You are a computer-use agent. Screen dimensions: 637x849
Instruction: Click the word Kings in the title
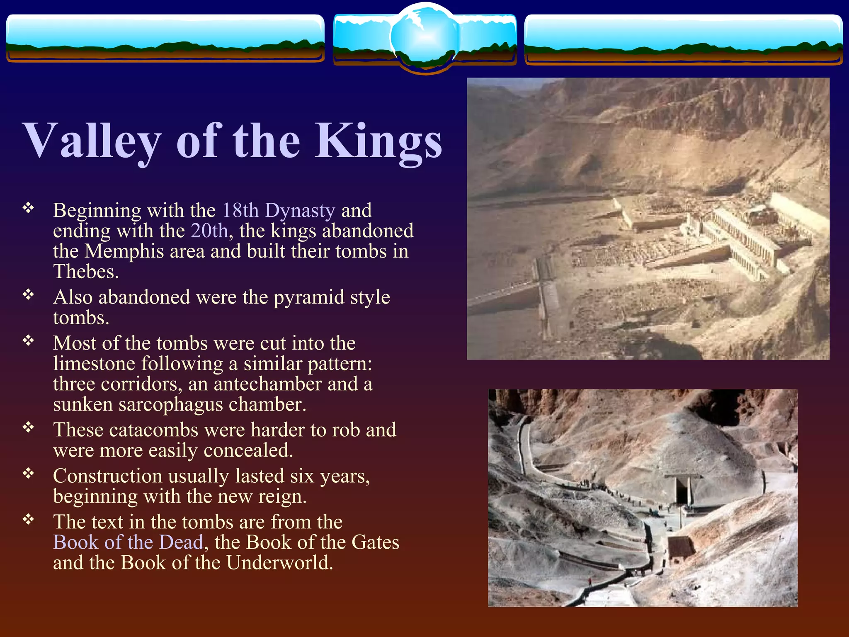point(378,141)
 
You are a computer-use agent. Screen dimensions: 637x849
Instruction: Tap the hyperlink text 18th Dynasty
point(279,210)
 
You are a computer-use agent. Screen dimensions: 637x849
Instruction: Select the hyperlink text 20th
point(209,231)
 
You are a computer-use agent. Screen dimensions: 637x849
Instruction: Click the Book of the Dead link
point(128,542)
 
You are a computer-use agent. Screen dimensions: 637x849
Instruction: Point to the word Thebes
point(86,272)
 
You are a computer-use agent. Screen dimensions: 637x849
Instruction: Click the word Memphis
point(124,251)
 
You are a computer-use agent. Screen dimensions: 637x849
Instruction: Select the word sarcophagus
point(170,404)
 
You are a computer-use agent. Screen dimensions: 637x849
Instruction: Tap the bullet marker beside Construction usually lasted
point(28,473)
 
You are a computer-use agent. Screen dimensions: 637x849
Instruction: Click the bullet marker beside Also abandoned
point(28,294)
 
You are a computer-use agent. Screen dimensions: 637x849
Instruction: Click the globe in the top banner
point(424,37)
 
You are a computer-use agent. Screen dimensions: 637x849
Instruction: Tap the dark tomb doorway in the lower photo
point(682,491)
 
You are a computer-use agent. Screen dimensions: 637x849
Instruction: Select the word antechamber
point(268,384)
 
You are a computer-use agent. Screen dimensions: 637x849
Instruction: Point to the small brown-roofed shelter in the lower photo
point(680,547)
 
